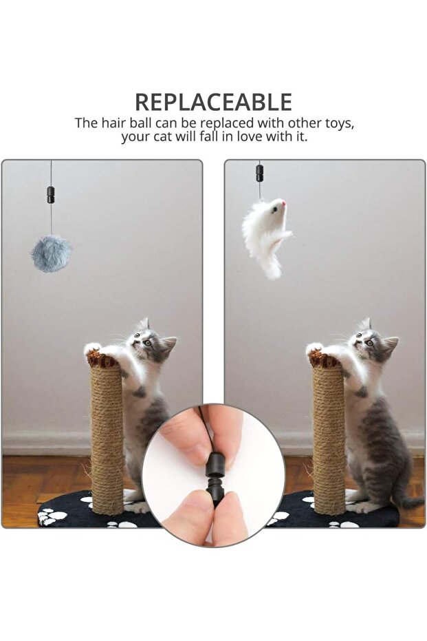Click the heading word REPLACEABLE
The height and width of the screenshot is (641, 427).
coord(213,102)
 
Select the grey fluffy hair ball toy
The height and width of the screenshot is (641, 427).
coord(51,253)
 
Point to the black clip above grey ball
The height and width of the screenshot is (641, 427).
coord(51,195)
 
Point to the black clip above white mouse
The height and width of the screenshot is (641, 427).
coord(259,173)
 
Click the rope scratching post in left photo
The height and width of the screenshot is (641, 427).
coord(107,441)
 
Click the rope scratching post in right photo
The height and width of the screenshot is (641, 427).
coord(328,441)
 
